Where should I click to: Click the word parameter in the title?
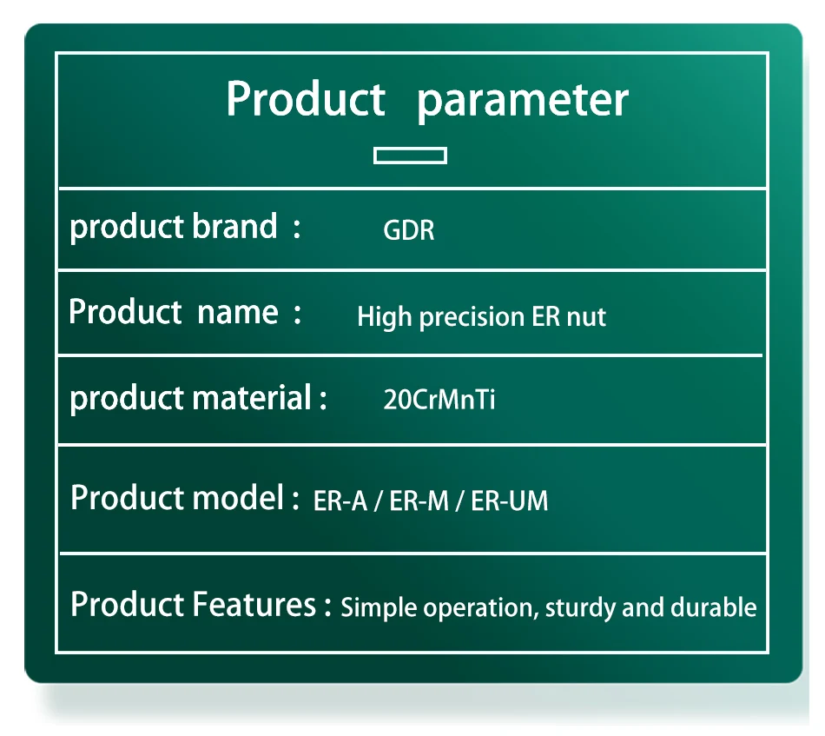tap(523, 101)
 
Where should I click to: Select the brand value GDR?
tap(409, 230)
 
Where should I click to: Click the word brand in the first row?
tap(234, 227)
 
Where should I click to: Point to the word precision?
tap(472, 317)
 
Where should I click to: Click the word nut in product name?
tap(586, 317)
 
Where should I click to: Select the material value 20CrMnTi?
tap(439, 400)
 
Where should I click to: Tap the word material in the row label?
tap(252, 397)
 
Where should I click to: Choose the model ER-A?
tap(340, 501)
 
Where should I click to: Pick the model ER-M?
tap(419, 501)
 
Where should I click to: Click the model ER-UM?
tap(509, 501)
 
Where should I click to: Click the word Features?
tap(254, 604)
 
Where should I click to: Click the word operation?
tap(481, 608)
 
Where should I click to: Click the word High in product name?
tap(384, 317)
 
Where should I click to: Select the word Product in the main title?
tap(307, 99)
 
